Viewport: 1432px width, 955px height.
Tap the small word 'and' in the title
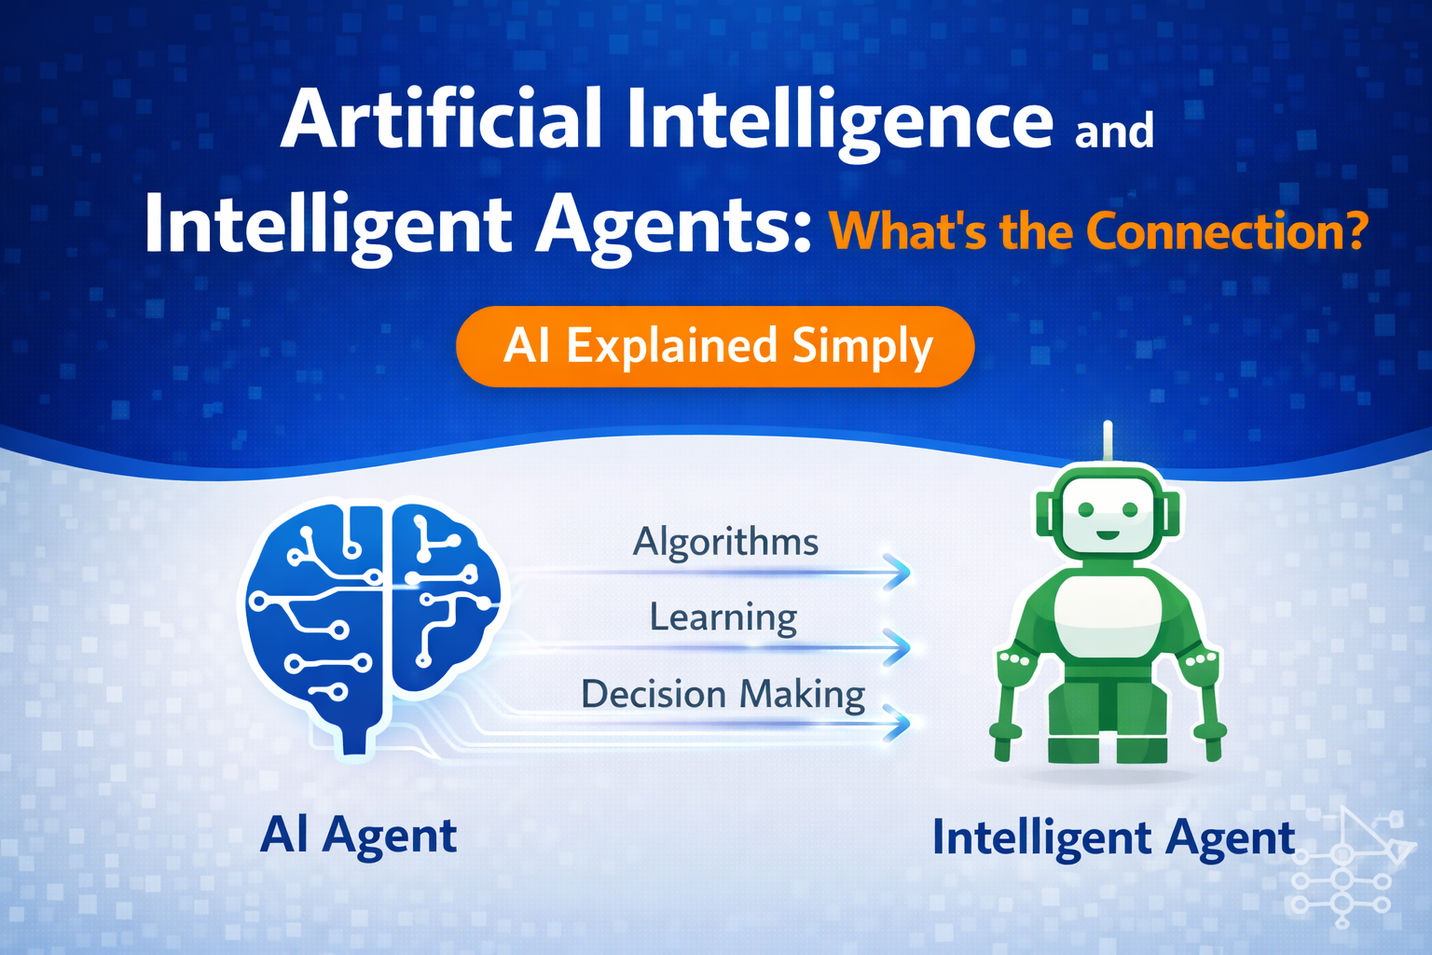(1114, 131)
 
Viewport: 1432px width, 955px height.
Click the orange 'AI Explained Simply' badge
(715, 346)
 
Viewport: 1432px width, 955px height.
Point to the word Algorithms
(725, 541)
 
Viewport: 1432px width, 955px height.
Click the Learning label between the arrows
(723, 616)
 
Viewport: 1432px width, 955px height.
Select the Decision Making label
(723, 694)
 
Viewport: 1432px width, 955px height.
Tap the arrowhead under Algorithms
(896, 572)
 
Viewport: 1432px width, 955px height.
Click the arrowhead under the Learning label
(896, 645)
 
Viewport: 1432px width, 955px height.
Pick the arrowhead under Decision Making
(896, 722)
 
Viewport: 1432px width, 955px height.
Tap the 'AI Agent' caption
(359, 834)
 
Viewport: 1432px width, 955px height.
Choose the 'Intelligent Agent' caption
(1113, 837)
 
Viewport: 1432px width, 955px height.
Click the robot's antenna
(1108, 442)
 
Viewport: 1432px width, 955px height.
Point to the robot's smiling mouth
(1107, 535)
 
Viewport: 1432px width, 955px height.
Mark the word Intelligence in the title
(839, 119)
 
